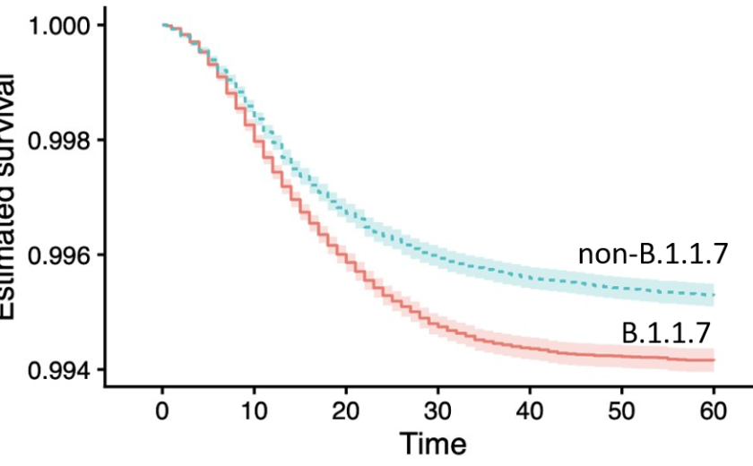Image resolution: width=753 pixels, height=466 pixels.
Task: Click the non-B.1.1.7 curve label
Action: pos(652,256)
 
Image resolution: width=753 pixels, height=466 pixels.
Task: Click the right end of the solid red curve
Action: pos(714,359)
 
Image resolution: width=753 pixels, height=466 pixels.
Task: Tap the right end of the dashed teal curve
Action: pos(714,295)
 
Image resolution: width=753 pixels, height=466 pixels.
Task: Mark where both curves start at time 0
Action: pos(162,25)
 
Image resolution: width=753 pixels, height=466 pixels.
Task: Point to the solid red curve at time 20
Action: pos(346,256)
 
